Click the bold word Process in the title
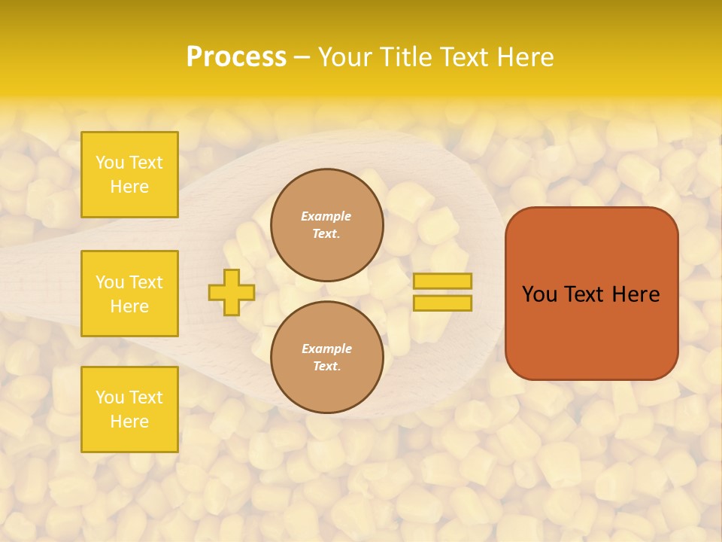coord(236,57)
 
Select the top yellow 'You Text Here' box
coord(129,175)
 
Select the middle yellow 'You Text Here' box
coord(129,294)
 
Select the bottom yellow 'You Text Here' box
coord(129,410)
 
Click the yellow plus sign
coord(232,292)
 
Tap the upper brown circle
coord(327,225)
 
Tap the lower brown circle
coord(327,358)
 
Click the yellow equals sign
coord(442,292)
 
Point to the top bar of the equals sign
coord(442,282)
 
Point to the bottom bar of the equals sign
coord(442,303)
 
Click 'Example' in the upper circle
coord(326,216)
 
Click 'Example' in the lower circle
coord(326,349)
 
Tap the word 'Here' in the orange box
coord(636,294)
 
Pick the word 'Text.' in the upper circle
coord(326,234)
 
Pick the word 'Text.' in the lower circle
coord(326,367)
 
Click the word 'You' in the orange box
coord(539,294)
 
